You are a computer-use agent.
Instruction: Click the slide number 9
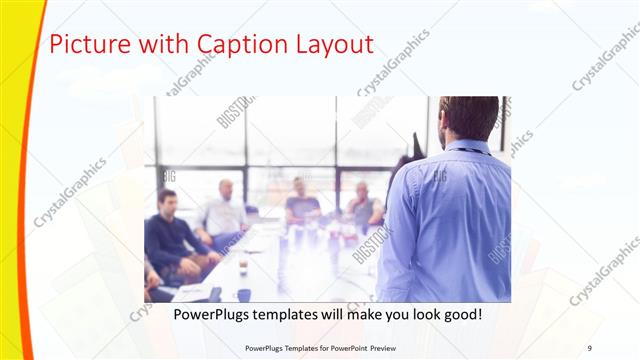(x=589, y=347)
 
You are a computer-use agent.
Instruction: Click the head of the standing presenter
(x=469, y=118)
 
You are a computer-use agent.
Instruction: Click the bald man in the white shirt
(x=226, y=205)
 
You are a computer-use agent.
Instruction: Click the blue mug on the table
(x=244, y=295)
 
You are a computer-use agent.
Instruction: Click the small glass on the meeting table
(x=243, y=265)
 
